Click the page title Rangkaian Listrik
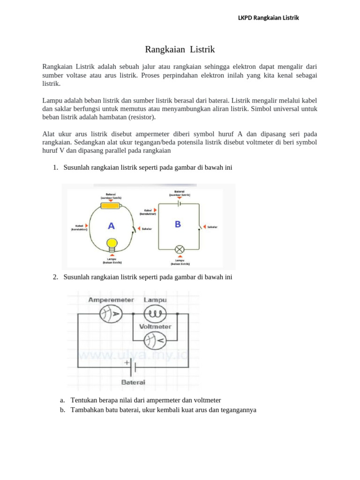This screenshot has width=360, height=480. pos(180,49)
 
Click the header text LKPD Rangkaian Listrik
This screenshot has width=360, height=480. pos(269,18)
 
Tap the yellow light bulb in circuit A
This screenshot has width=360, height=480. pos(112,244)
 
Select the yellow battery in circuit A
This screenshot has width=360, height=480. pos(111,205)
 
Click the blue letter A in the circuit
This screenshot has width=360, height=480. pos(111,226)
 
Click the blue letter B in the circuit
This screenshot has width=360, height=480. pos(178,225)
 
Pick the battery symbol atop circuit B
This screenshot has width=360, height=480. pos(180,203)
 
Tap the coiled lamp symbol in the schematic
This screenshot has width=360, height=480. pos(152,314)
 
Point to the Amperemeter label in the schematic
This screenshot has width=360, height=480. pos(110,300)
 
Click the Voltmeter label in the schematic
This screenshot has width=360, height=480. pos(155,327)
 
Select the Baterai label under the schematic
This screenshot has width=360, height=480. pos(133,382)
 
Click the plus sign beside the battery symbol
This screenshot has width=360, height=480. pos(127,362)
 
